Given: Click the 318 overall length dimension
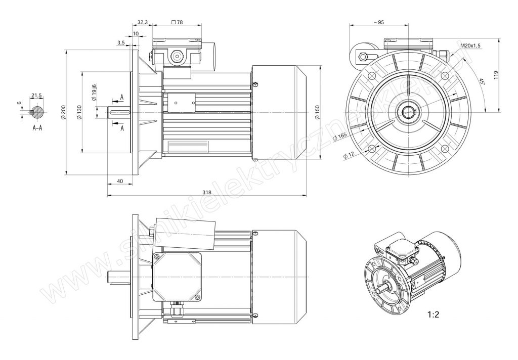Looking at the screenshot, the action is [x=207, y=192].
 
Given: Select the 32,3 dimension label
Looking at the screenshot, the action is [x=142, y=22].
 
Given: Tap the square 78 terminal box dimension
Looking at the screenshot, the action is [x=178, y=22].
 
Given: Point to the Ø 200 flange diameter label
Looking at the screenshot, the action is [x=63, y=112].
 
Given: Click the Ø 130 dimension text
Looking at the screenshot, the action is [x=79, y=112].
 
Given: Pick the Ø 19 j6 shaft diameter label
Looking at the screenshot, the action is [x=94, y=93].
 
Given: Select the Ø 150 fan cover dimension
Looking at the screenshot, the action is [x=317, y=112].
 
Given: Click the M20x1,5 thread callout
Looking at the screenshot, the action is [x=470, y=46].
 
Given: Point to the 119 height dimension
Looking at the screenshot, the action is [x=496, y=75].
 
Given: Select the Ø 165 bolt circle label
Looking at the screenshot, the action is [x=340, y=137].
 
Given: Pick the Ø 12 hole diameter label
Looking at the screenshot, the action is [x=349, y=155].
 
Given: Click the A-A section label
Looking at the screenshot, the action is [x=37, y=128].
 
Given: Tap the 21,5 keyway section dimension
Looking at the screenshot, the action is [x=36, y=96].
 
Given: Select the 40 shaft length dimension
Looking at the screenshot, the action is [x=120, y=181].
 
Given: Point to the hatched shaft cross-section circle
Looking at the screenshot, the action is [x=37, y=112].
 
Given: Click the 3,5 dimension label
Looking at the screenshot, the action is [x=121, y=42].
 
